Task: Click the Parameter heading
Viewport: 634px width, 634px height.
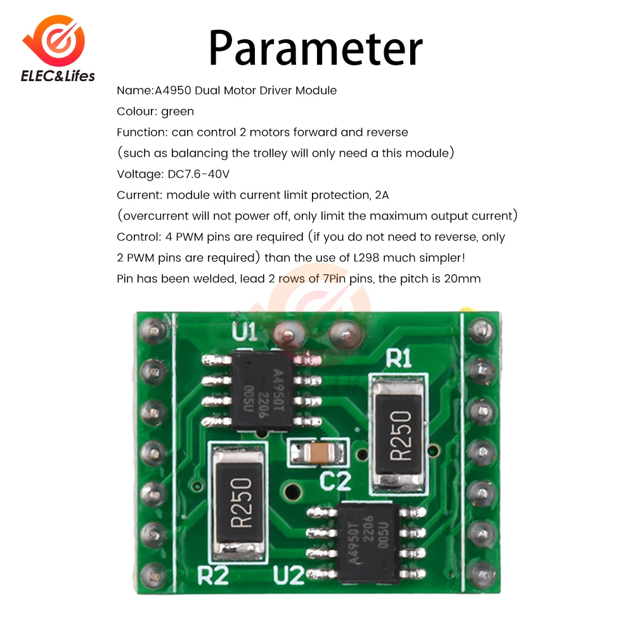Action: pos(315,48)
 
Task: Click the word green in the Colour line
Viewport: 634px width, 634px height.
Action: pos(178,112)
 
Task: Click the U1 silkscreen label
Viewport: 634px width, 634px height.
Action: pos(244,332)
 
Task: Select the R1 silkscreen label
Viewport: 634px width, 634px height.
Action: pos(399,359)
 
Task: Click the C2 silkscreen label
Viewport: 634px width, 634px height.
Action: pos(335,482)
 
